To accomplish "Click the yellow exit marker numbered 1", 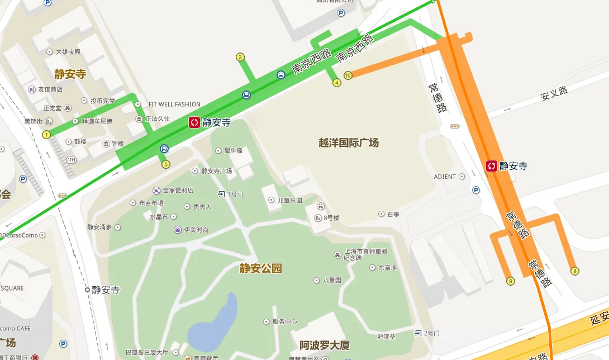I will tap(46, 134).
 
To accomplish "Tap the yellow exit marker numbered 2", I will tap(240, 56).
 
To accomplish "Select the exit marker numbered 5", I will tap(165, 164).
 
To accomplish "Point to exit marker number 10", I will tap(348, 75).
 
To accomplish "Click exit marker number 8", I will tap(575, 271).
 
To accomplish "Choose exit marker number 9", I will tap(510, 281).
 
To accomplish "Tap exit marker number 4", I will tap(337, 83).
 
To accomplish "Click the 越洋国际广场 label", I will tap(349, 143).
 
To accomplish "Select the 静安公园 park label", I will tap(261, 268).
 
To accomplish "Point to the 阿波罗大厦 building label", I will tap(325, 344).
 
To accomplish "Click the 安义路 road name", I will tap(554, 93).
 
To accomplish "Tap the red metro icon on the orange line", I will tap(492, 165).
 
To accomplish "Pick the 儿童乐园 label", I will tap(289, 200).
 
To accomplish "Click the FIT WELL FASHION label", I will tap(174, 105).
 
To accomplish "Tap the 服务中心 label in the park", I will tap(284, 321).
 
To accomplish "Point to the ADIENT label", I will tap(445, 177).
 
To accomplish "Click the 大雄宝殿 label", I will tap(68, 52).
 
